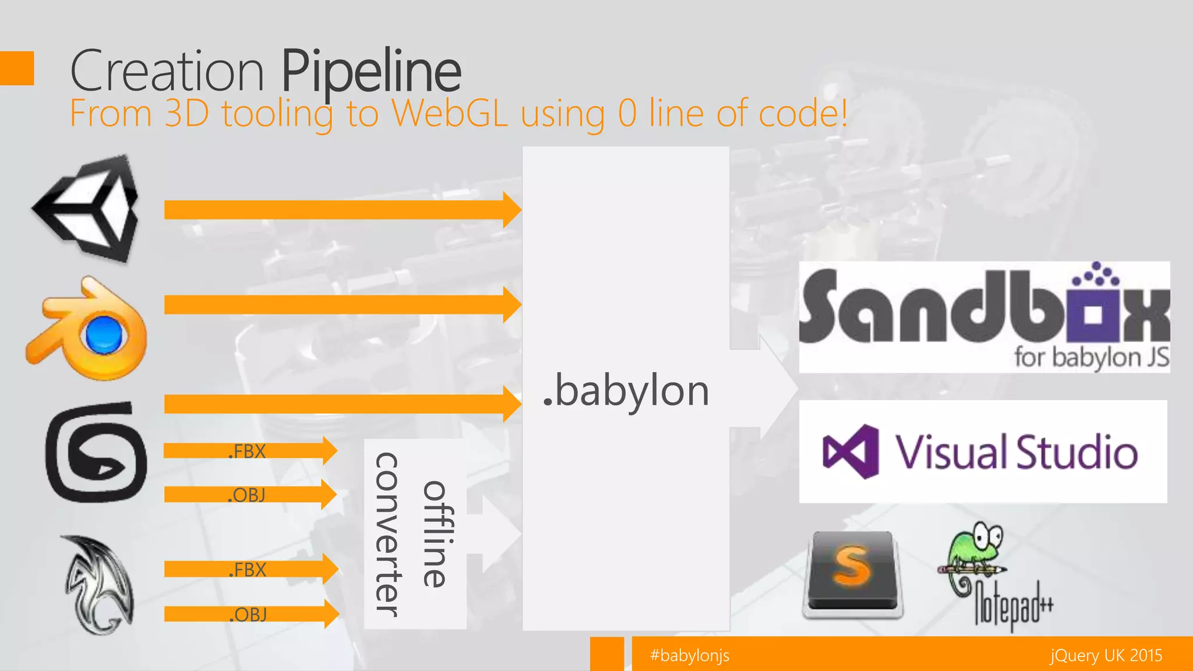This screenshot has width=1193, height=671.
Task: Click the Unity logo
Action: click(x=87, y=209)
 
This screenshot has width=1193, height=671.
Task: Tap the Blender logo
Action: click(x=87, y=330)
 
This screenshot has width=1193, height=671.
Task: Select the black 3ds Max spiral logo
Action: click(x=96, y=453)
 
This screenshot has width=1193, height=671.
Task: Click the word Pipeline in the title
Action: click(x=371, y=72)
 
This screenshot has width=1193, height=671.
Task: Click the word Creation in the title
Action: click(x=167, y=72)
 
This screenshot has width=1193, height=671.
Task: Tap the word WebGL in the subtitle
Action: click(x=449, y=113)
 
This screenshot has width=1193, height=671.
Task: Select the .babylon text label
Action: click(x=626, y=391)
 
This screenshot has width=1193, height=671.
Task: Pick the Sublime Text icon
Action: click(x=853, y=574)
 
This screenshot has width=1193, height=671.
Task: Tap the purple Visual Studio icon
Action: click(x=851, y=452)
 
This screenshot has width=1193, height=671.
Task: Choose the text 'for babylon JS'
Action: click(x=1091, y=358)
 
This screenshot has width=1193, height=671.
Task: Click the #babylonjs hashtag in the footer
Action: click(x=690, y=656)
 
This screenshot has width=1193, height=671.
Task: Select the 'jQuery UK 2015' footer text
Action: click(x=1106, y=656)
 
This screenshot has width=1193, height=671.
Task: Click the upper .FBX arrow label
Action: click(x=247, y=451)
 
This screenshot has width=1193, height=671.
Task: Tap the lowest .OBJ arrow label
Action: click(x=248, y=615)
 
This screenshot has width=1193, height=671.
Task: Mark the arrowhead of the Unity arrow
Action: click(x=511, y=210)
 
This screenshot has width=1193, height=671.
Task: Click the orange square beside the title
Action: click(x=17, y=68)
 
